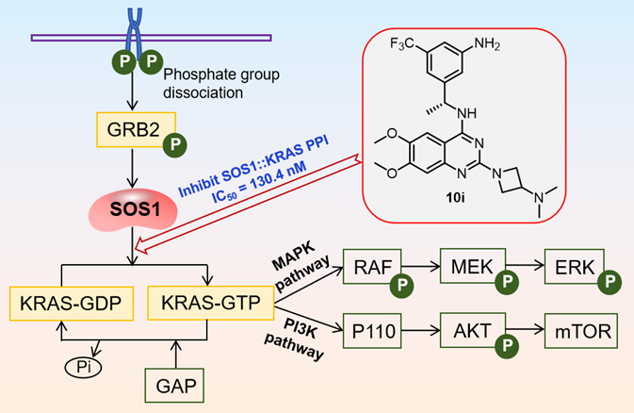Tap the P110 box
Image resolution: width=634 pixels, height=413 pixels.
tap(376, 330)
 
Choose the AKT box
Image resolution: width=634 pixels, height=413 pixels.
tap(471, 330)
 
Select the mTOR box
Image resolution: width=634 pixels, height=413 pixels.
tap(582, 330)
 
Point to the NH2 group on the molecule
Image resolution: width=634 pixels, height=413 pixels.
tap(496, 41)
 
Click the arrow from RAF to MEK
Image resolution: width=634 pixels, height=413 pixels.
tap(416, 268)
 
